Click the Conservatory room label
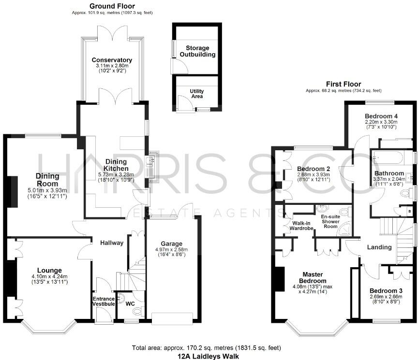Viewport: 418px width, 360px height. [x=114, y=60]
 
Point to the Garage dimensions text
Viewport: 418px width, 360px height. [x=173, y=253]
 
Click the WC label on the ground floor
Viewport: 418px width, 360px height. [x=130, y=304]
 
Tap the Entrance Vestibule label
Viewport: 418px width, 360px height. [x=104, y=301]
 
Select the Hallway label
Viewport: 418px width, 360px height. [x=112, y=243]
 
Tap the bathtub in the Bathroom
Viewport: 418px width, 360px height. [x=392, y=157]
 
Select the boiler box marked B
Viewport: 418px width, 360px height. [x=410, y=212]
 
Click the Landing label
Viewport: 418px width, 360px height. [x=379, y=247]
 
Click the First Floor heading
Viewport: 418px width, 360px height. [x=343, y=84]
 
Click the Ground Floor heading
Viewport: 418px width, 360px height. [x=112, y=6]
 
